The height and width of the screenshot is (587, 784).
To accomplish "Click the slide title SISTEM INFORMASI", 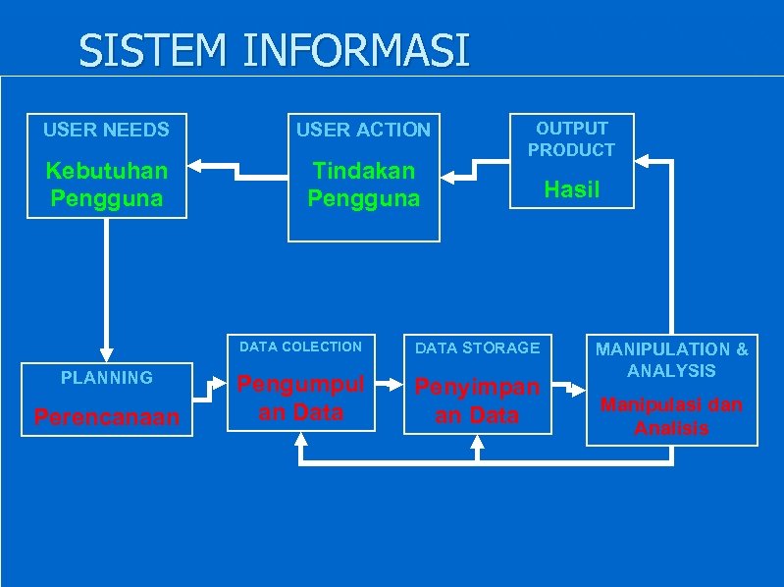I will (x=274, y=50).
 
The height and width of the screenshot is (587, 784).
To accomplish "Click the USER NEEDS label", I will (x=106, y=129).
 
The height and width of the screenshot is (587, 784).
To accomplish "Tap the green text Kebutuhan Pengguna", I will (x=106, y=185).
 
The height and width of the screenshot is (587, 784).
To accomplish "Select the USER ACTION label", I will (x=363, y=130).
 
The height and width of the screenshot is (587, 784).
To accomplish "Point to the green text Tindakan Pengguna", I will (x=363, y=185).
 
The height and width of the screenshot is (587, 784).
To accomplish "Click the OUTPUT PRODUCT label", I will (x=571, y=138).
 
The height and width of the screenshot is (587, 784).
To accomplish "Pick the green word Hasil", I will (x=571, y=189).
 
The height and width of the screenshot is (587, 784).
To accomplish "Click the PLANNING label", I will (x=106, y=377).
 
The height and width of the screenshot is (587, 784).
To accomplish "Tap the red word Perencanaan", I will (x=106, y=416).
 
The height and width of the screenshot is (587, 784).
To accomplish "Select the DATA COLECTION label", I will (x=300, y=347).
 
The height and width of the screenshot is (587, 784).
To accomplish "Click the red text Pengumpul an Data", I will (x=300, y=398).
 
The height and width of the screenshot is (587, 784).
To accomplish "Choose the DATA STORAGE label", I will (x=477, y=347).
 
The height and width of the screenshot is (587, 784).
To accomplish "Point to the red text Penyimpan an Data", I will (x=477, y=400).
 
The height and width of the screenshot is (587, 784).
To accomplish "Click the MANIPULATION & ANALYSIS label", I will (x=672, y=359).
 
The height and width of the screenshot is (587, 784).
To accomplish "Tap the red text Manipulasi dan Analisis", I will (x=672, y=416).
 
